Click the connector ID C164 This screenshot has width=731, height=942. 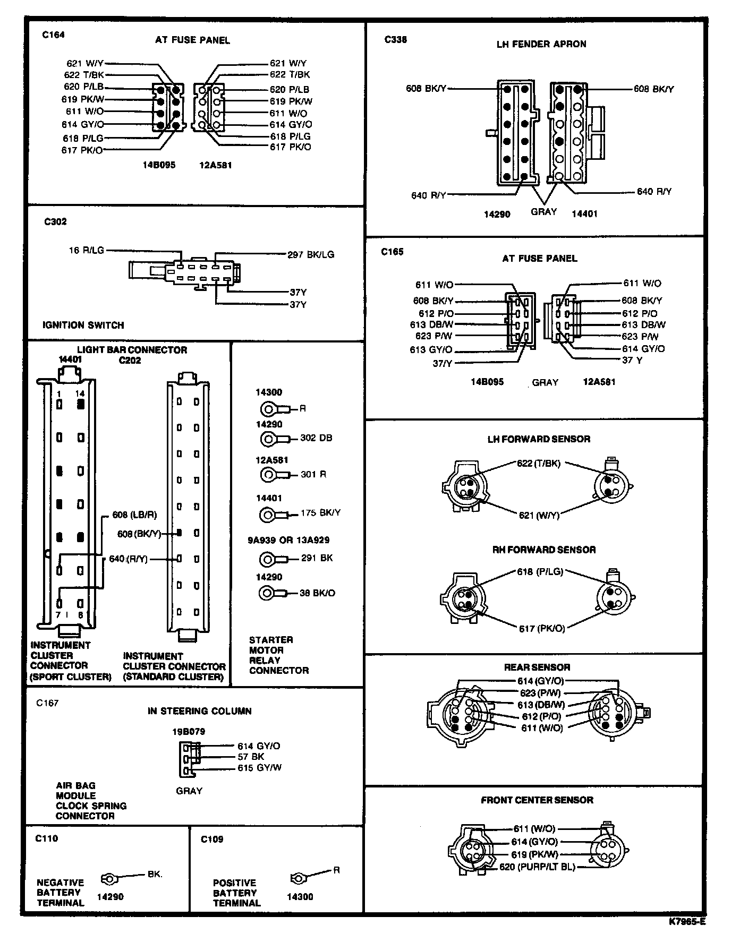click(53, 35)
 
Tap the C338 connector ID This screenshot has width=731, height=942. click(396, 39)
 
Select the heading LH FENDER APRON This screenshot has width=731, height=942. click(541, 44)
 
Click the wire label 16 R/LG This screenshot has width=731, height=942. click(87, 250)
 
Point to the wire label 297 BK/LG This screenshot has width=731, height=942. click(311, 254)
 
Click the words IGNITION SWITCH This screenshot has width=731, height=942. click(83, 325)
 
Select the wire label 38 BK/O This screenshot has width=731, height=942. click(317, 593)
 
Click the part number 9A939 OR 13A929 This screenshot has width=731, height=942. click(288, 540)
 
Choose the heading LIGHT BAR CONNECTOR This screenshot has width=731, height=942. click(132, 350)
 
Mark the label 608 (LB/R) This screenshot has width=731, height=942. click(134, 515)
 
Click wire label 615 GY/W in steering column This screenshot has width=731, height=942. click(259, 768)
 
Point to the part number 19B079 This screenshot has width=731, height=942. click(188, 731)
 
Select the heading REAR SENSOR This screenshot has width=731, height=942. click(537, 667)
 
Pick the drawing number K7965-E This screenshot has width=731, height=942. click(687, 922)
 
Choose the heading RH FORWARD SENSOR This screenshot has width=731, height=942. click(544, 550)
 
